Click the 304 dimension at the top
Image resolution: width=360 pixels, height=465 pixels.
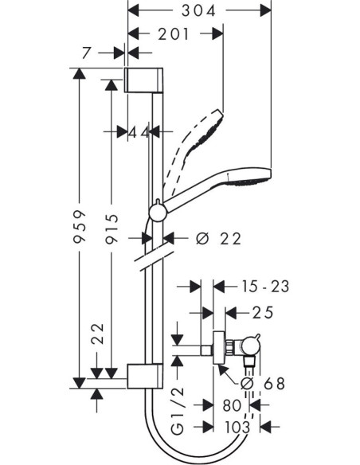point(198,11)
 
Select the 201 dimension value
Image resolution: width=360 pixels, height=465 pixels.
point(173,34)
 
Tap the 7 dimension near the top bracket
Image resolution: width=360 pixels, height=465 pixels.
point(86,53)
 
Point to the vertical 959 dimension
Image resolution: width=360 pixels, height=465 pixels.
point(80,227)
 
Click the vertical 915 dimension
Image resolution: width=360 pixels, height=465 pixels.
point(112,229)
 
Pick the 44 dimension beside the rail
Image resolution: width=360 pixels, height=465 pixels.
point(139,132)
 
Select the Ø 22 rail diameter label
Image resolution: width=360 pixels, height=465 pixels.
point(218,238)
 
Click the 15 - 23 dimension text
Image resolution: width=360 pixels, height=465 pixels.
point(265,287)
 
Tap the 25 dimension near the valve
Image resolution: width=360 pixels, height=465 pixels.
point(263,313)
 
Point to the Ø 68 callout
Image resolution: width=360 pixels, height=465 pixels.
point(263,384)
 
